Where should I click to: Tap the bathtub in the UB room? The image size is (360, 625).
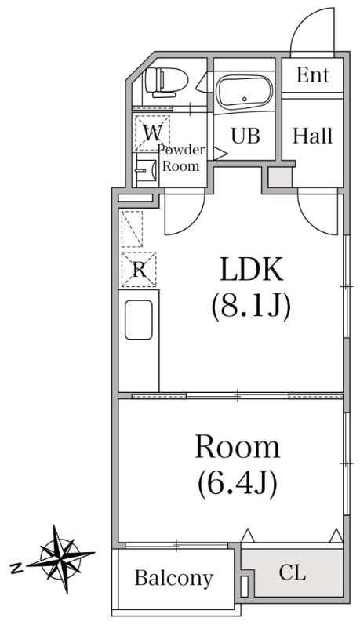click(x=245, y=93)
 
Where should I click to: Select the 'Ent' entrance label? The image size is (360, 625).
click(x=313, y=75)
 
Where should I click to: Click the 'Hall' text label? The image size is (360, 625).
click(x=312, y=136)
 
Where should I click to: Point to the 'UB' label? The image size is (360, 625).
click(x=245, y=136)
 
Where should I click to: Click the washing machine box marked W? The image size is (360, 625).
click(x=152, y=133)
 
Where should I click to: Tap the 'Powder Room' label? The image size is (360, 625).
click(x=180, y=158)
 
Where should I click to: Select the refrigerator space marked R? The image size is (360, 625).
click(x=139, y=270)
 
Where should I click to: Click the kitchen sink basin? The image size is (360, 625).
click(x=138, y=320)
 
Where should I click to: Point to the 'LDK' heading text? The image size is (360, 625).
click(x=251, y=270)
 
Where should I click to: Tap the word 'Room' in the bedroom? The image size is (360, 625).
click(x=238, y=447)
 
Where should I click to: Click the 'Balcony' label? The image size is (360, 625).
click(x=174, y=578)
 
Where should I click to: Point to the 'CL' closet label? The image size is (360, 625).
click(x=293, y=573)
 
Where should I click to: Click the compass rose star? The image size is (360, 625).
click(x=61, y=559)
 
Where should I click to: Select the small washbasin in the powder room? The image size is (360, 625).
click(x=146, y=170)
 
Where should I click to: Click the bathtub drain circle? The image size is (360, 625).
click(x=245, y=99)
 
